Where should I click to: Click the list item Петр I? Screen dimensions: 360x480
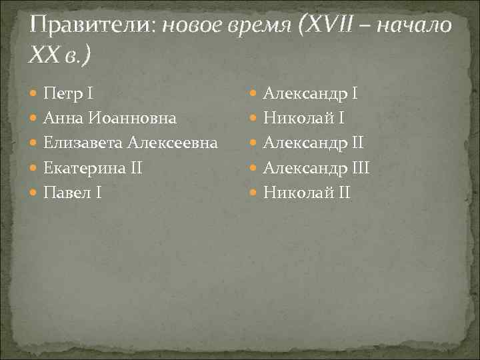coord(73,93)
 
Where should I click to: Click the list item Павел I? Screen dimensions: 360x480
coord(72,193)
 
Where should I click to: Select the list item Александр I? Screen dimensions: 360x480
coord(311,93)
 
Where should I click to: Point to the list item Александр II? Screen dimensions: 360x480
coord(313,143)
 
